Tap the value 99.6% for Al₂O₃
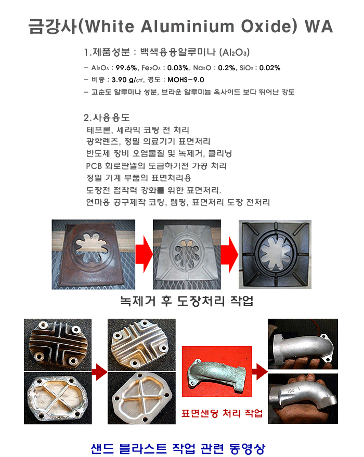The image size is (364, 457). (x=126, y=68)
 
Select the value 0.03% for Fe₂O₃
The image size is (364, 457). (x=178, y=68)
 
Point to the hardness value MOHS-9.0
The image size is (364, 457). (x=186, y=80)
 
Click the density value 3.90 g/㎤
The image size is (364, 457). (x=127, y=80)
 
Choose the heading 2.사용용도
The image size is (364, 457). (x=107, y=117)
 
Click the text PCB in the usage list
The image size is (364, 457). (x=94, y=166)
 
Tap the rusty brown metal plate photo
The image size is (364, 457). (x=94, y=254)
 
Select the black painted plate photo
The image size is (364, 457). (x=275, y=254)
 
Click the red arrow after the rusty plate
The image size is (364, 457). (x=144, y=254)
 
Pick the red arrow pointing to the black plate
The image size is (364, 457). (x=230, y=254)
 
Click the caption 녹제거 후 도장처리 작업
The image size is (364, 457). (x=187, y=301)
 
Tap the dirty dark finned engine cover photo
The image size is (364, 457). (x=58, y=345)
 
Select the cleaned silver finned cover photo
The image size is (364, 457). (x=141, y=345)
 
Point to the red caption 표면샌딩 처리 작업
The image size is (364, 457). (x=222, y=413)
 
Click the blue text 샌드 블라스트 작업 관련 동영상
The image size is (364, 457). (x=178, y=449)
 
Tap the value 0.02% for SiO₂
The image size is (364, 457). (x=270, y=68)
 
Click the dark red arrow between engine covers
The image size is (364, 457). (x=100, y=372)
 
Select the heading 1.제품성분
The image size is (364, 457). (x=107, y=52)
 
